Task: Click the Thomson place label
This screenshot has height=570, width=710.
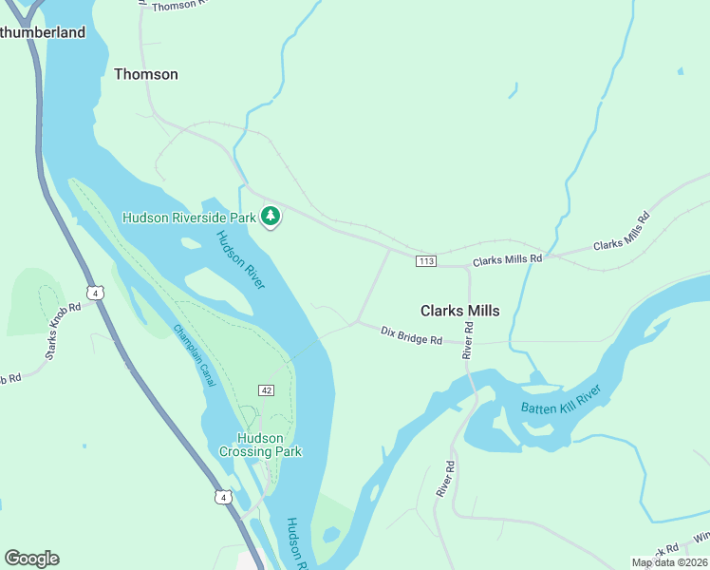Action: tap(145, 74)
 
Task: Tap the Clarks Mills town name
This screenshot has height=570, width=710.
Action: tap(459, 310)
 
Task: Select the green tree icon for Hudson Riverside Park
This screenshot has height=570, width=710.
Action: tap(271, 218)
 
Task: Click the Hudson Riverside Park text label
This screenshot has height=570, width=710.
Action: tap(189, 218)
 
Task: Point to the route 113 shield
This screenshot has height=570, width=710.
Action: tap(425, 261)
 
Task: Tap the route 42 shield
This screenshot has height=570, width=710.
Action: tap(267, 391)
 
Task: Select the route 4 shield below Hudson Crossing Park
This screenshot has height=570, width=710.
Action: tap(221, 497)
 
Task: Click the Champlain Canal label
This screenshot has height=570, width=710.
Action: tap(195, 355)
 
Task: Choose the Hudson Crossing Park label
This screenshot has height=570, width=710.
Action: tap(259, 445)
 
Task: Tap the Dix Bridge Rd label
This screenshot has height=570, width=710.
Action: tap(411, 335)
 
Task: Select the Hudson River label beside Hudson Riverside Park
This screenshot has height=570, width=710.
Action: tap(240, 259)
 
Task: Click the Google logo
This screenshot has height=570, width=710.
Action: tap(31, 559)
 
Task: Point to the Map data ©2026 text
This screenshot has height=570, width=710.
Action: tap(669, 562)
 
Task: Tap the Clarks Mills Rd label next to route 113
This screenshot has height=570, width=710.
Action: tap(507, 259)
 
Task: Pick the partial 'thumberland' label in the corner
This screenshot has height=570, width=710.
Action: tap(43, 32)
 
